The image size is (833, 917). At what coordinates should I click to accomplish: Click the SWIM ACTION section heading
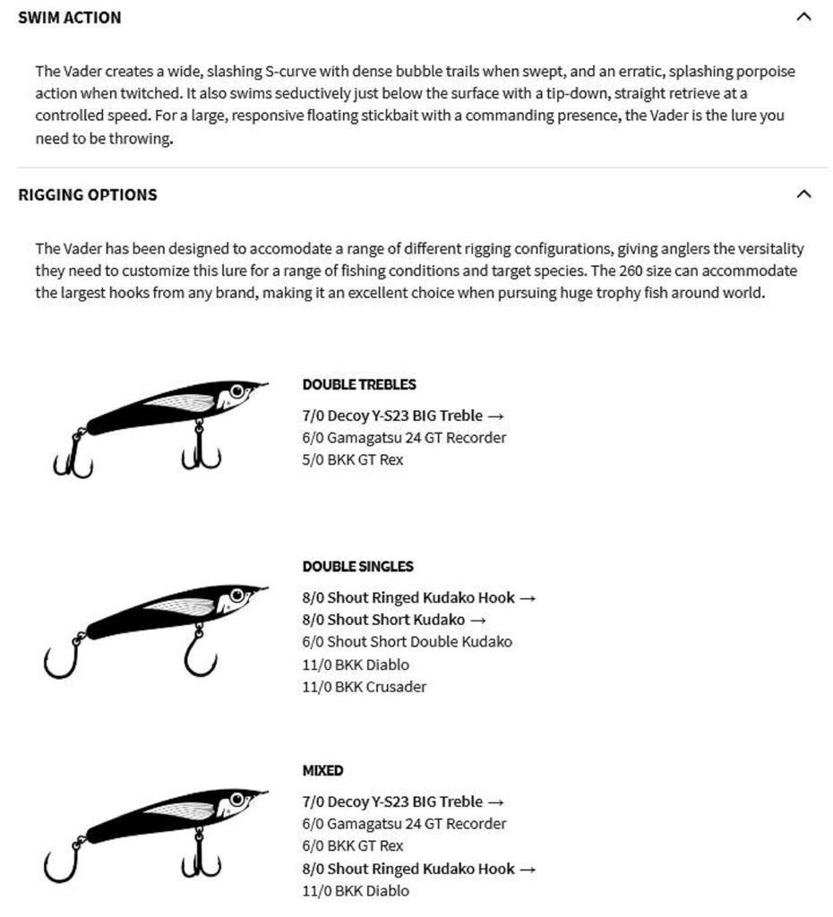pyautogui.click(x=69, y=17)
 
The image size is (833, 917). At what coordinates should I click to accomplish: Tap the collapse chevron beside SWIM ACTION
pyautogui.click(x=803, y=16)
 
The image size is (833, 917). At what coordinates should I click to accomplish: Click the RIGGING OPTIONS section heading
pyautogui.click(x=87, y=194)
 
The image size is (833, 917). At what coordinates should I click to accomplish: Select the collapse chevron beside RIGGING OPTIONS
pyautogui.click(x=803, y=193)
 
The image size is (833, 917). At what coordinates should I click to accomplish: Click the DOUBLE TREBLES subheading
pyautogui.click(x=358, y=384)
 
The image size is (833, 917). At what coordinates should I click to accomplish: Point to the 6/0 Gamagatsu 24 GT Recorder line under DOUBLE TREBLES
pyautogui.click(x=404, y=438)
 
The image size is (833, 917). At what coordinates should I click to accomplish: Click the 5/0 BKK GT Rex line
pyautogui.click(x=353, y=460)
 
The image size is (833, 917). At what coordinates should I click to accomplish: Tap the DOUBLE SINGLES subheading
pyautogui.click(x=357, y=566)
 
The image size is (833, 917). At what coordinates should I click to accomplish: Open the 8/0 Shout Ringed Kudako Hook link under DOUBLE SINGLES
pyautogui.click(x=418, y=597)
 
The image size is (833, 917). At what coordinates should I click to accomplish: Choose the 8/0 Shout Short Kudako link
pyautogui.click(x=394, y=620)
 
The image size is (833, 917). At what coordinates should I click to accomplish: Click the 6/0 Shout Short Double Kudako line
pyautogui.click(x=407, y=642)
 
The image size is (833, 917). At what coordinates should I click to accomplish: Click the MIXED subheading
pyautogui.click(x=322, y=770)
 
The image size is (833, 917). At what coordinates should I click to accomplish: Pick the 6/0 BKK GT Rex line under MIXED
pyautogui.click(x=353, y=846)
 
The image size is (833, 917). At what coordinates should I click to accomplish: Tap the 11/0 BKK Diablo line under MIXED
pyautogui.click(x=356, y=891)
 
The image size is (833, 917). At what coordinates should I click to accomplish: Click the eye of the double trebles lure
pyautogui.click(x=237, y=391)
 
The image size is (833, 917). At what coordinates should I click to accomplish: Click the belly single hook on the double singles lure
pyautogui.click(x=200, y=656)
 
